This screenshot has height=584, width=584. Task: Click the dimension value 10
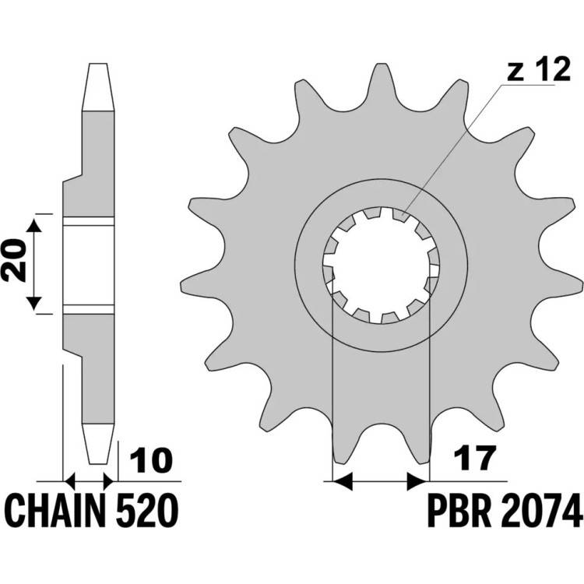152,460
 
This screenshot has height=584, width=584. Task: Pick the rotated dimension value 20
14,260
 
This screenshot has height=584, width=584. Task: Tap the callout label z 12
539,69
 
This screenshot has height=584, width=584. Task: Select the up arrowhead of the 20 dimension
34,226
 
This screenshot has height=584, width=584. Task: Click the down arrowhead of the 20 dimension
34,303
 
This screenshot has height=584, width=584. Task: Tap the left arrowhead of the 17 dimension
342,481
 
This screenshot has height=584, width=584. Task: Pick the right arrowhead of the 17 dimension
417,481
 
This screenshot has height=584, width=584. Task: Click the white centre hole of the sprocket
380,266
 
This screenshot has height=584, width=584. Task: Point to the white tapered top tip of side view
98,86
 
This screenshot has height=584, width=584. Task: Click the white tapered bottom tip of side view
98,444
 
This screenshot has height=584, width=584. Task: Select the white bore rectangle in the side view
88,265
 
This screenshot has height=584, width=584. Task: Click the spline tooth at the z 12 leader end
401,215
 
